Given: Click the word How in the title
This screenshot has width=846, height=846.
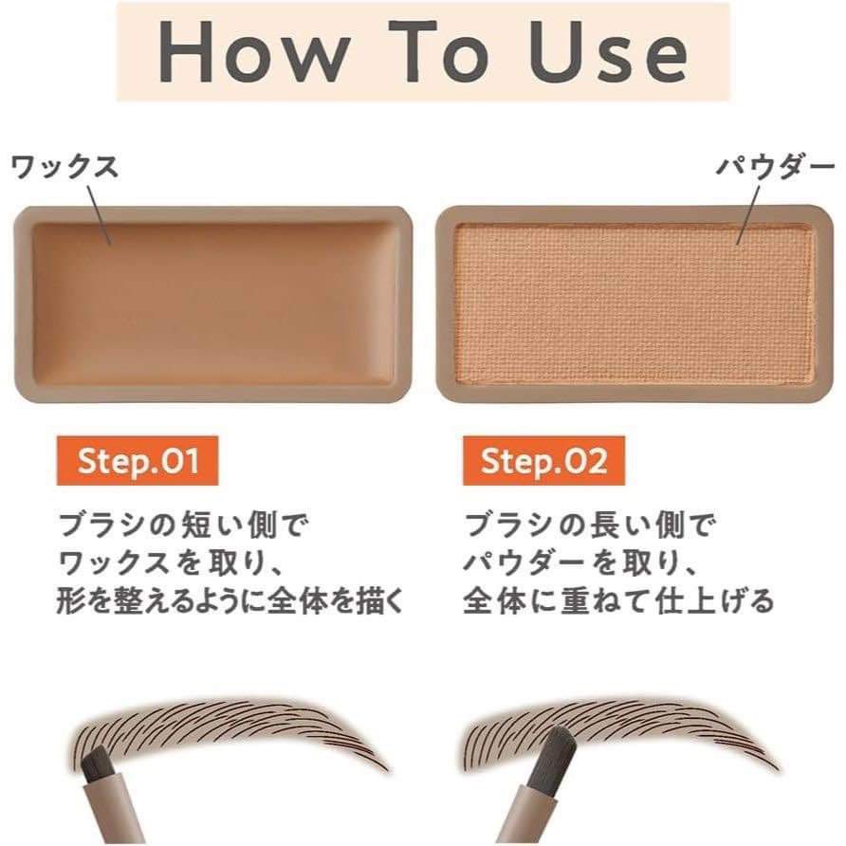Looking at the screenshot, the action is [253, 52].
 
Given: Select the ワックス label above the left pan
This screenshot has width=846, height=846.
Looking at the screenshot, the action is [64, 166].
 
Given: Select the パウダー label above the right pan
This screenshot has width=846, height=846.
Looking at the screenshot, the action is [775, 167].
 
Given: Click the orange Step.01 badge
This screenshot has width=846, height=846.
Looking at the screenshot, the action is [138, 461].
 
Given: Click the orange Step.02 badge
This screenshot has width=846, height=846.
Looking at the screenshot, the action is [543, 461].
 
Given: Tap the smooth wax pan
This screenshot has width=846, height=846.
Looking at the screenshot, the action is [212, 304].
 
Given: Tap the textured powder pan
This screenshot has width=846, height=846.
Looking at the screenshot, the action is [634, 304].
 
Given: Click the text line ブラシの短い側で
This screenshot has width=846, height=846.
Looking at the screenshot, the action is [183, 525].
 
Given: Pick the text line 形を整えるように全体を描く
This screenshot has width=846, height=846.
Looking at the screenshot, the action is [230, 601].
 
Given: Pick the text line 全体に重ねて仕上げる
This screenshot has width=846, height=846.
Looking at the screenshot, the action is [619, 601].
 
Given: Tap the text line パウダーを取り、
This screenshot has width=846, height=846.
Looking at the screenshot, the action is [580, 563].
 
